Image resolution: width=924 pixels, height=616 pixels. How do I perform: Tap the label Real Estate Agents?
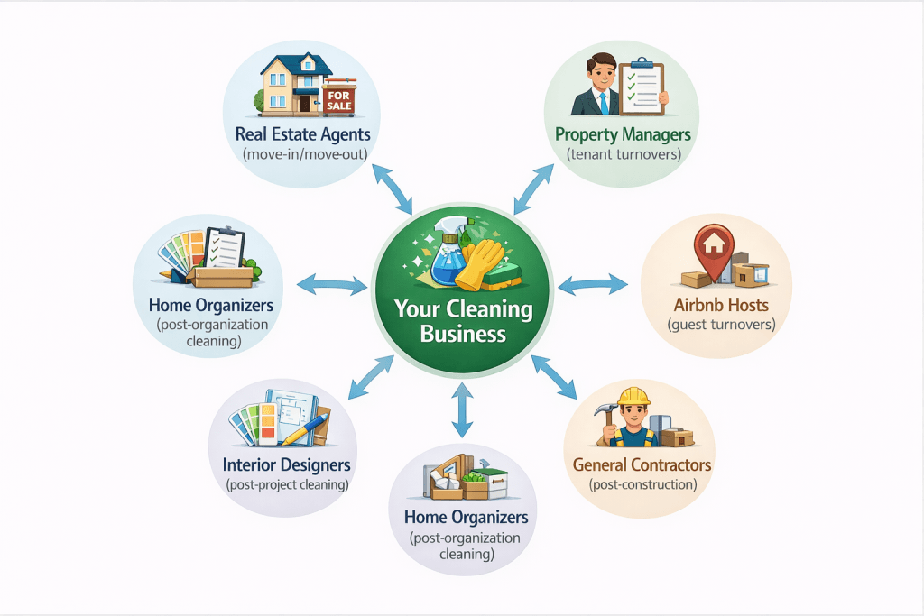302,134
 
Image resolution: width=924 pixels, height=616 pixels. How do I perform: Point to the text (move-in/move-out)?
302,154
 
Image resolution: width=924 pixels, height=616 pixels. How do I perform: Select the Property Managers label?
623,134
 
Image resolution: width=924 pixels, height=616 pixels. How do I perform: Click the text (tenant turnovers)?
623,154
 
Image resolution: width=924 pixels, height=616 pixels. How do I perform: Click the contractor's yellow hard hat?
635,397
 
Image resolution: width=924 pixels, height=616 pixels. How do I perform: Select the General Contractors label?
642,465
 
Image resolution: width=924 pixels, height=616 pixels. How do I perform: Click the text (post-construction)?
642,485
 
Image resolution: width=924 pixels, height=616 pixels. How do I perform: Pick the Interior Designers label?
286,465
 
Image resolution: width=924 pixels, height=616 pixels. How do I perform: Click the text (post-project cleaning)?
286,485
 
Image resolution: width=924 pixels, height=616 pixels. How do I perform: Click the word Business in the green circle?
463,334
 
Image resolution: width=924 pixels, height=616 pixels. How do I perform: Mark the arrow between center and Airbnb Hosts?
593,286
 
